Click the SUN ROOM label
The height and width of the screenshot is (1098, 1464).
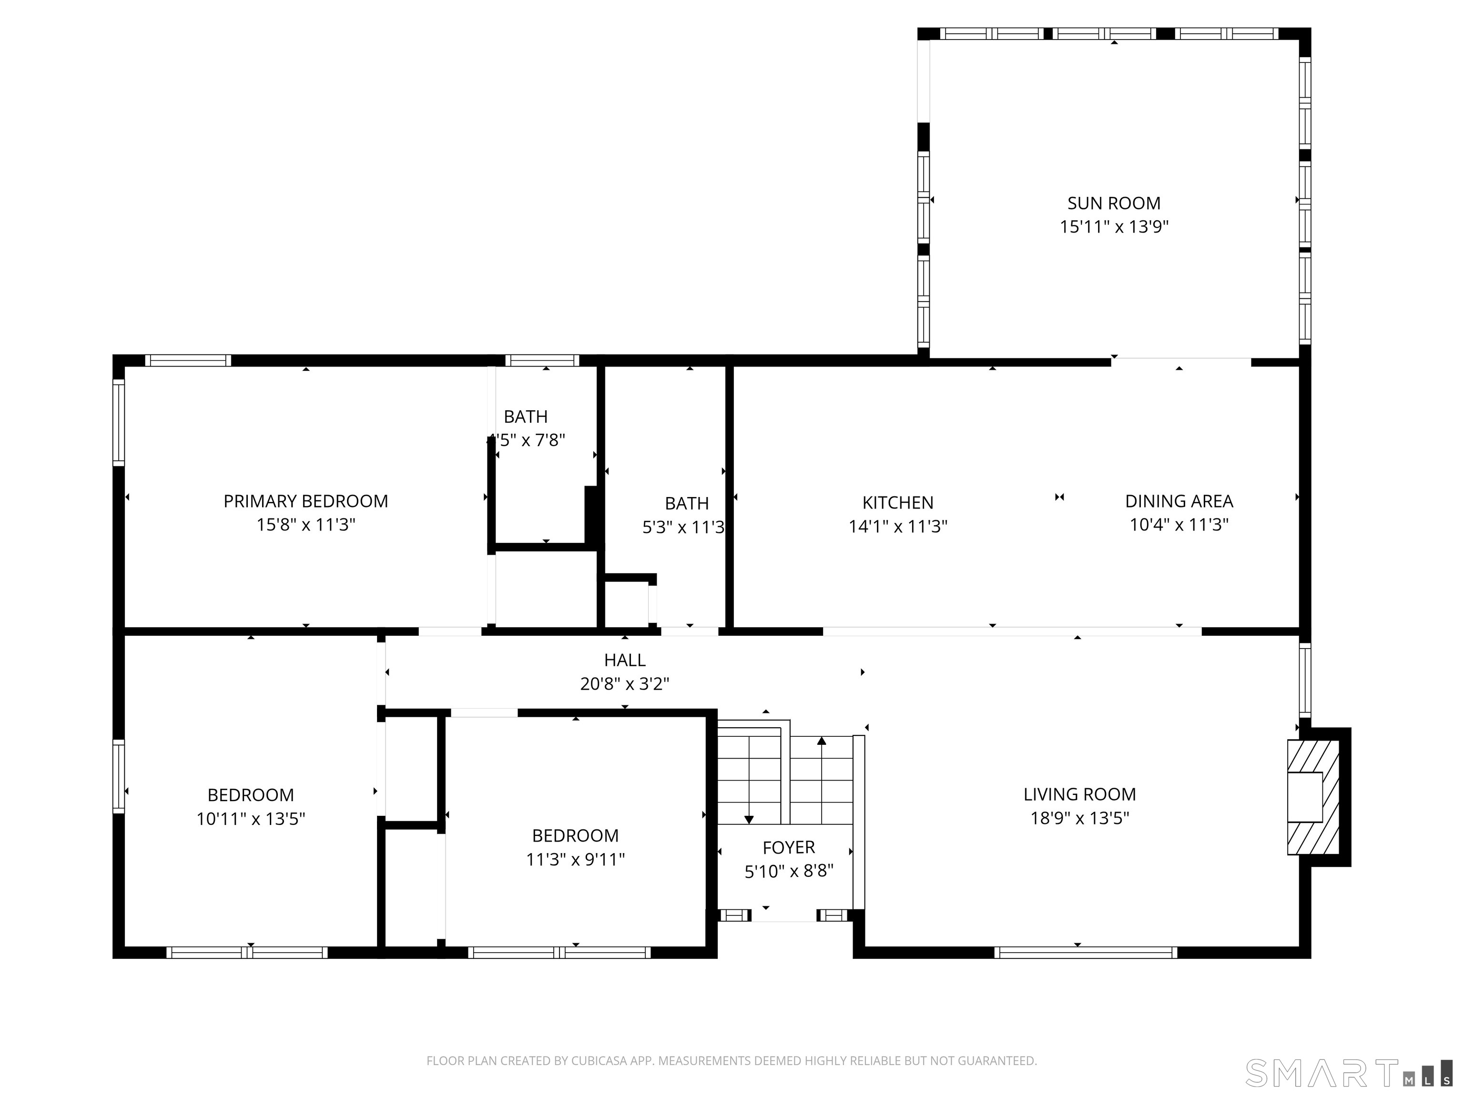tap(1113, 203)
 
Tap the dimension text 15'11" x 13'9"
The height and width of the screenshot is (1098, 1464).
tap(1113, 227)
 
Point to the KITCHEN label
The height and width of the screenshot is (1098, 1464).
tap(897, 502)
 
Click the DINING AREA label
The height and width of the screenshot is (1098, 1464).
tap(1178, 501)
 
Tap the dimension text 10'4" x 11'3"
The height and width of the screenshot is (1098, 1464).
tap(1178, 525)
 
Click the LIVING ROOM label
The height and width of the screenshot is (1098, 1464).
tap(1079, 794)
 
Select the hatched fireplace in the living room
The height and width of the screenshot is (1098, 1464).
tap(1312, 797)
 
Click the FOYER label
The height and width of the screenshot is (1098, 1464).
tap(788, 847)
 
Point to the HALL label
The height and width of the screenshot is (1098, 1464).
tap(624, 660)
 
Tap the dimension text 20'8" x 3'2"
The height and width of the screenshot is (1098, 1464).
tap(624, 684)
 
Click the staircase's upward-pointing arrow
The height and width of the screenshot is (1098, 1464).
tap(821, 741)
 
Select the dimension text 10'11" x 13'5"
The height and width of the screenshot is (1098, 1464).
tap(250, 819)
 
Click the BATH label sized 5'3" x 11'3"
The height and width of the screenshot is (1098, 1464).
tap(686, 504)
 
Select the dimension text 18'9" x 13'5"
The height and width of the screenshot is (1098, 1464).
tap(1079, 818)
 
